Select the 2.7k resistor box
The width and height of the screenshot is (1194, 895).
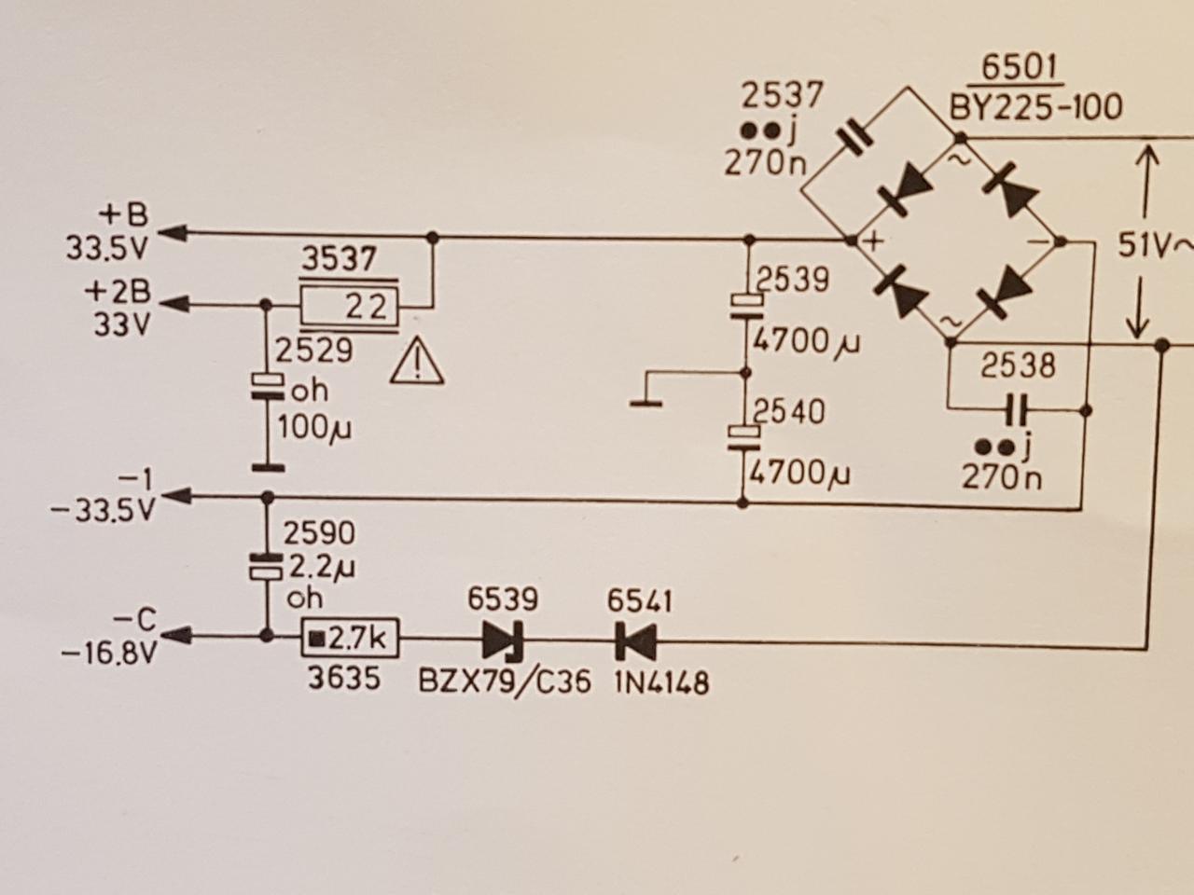click(x=350, y=639)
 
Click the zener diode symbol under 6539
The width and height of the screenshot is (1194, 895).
click(x=503, y=640)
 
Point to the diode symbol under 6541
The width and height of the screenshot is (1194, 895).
click(x=634, y=640)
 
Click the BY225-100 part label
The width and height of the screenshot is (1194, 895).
click(x=1035, y=107)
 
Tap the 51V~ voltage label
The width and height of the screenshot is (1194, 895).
click(x=1155, y=247)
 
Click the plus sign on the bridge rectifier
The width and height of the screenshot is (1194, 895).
click(x=874, y=240)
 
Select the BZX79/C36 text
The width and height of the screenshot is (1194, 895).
click(x=505, y=682)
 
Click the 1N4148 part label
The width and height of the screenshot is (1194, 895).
click(x=661, y=682)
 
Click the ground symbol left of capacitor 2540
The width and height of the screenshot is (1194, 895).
click(x=645, y=403)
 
